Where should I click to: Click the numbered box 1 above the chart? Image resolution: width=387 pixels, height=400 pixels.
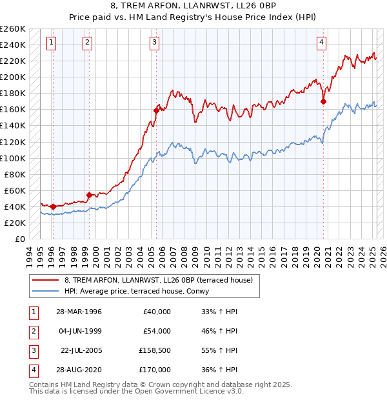[x=51, y=43]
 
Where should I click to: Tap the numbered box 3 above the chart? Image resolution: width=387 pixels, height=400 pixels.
[x=155, y=43]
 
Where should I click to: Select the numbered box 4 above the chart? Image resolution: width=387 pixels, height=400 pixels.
[x=321, y=43]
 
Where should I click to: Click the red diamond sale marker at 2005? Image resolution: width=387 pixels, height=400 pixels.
[x=156, y=110]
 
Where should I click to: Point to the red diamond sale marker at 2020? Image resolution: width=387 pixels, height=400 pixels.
[x=324, y=101]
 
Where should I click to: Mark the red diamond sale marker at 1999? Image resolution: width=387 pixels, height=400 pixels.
[x=89, y=194]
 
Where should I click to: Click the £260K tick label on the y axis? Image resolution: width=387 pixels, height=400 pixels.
[x=13, y=29]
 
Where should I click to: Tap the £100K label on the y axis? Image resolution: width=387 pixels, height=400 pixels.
[x=13, y=158]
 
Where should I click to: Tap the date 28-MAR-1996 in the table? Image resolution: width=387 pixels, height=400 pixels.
[x=79, y=312]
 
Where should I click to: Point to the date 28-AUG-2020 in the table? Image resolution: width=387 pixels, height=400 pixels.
[x=79, y=370]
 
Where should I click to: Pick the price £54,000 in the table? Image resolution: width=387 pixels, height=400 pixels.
[x=157, y=331]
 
